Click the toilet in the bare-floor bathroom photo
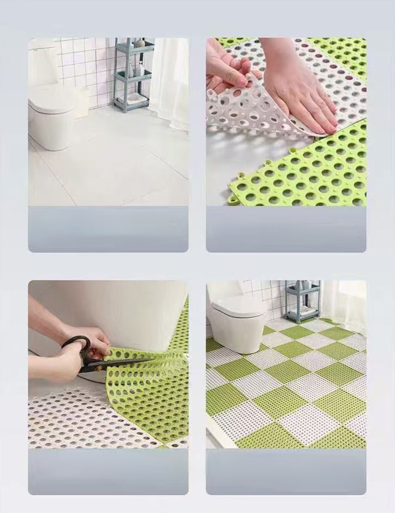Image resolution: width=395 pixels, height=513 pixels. point(52,117)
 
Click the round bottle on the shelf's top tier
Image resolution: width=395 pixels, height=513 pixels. point(140,42)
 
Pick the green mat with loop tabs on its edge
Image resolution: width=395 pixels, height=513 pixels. point(304,174)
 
